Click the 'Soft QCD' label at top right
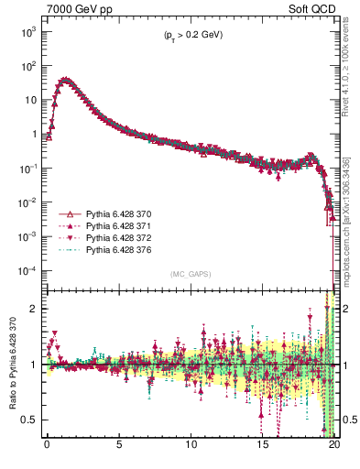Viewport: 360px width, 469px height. (x=311, y=8)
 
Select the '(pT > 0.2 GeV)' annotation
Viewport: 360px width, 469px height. (x=188, y=35)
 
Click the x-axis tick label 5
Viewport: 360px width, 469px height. (x=119, y=449)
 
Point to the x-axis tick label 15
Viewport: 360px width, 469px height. (x=263, y=449)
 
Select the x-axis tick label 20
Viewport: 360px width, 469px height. (x=334, y=449)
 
